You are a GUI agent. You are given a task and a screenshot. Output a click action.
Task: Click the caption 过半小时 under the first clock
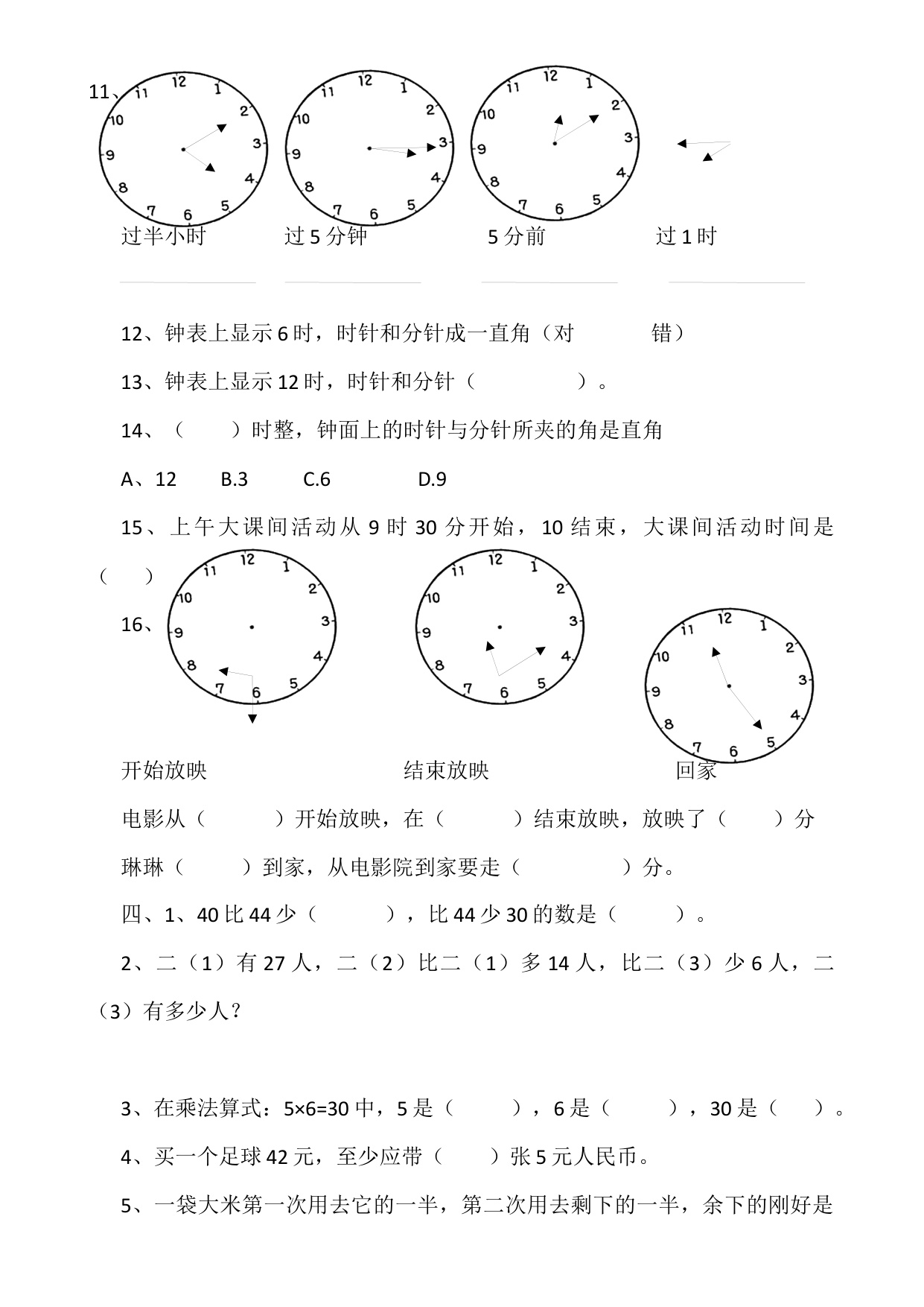point(163,236)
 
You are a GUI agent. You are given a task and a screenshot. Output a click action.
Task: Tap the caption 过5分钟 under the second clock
point(326,236)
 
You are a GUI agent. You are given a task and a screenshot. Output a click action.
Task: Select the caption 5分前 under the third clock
point(517,237)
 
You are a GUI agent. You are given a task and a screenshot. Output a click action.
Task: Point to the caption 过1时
point(686,236)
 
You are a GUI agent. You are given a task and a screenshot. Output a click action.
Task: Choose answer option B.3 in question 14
point(234,479)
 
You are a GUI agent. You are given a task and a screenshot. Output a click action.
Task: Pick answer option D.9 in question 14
point(432,479)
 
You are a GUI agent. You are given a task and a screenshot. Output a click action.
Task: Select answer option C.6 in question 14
point(316,479)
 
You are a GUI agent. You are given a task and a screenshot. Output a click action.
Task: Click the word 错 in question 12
point(662,333)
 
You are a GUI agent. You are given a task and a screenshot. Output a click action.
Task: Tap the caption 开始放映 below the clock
point(164,770)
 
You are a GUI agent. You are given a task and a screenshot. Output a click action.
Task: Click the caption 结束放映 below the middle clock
point(446,770)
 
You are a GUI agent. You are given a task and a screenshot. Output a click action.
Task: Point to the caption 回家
point(696,770)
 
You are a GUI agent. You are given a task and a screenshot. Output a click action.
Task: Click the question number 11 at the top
point(99,92)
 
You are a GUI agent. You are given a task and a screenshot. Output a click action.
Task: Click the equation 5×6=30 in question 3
point(316,1109)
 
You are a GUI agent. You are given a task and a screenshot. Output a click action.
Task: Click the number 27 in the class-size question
point(274,963)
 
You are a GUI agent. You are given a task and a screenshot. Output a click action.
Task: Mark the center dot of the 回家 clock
point(728,686)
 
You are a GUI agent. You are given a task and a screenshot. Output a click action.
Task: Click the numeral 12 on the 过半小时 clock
point(179,80)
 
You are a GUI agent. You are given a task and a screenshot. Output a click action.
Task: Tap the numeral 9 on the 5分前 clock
point(481,149)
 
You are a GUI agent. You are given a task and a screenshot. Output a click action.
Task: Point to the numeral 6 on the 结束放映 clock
point(504,693)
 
